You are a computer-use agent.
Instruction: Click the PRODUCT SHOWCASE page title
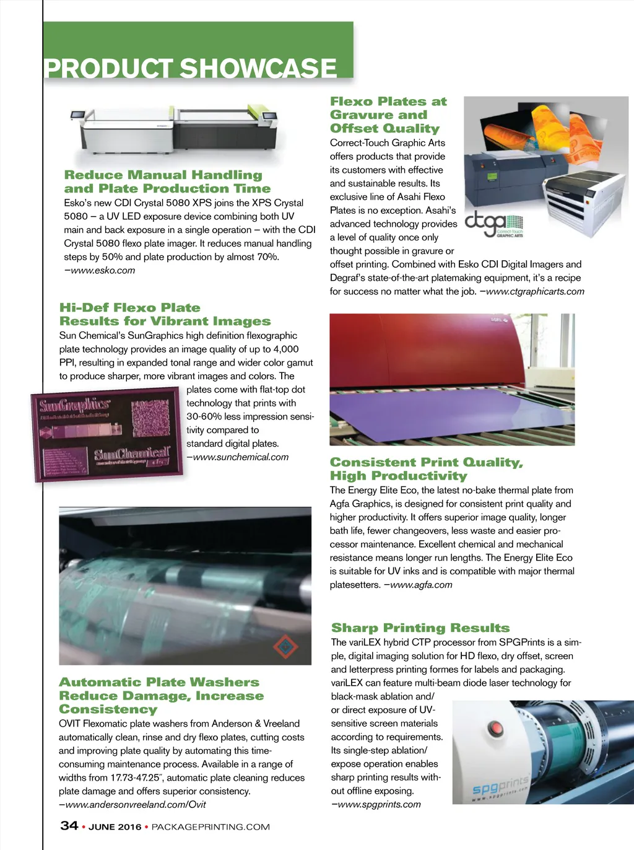[191, 68]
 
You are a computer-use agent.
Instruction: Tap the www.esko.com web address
[103, 271]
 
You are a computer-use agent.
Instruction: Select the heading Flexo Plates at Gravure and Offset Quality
[388, 115]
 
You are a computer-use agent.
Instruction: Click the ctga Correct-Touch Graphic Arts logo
[493, 224]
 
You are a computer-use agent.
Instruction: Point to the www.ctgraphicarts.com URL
[535, 292]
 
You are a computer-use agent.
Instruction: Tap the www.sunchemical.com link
[240, 457]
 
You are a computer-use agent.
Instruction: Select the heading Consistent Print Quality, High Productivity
[426, 469]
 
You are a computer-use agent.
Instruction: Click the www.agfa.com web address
[421, 585]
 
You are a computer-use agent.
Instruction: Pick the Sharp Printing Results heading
[420, 628]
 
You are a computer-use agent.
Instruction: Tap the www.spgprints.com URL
[379, 805]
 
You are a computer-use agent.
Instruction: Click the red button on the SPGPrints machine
[495, 727]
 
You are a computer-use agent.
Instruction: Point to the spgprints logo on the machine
[500, 787]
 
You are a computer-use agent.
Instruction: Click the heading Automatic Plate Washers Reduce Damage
[161, 696]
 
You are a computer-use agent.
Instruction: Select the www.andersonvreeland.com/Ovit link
[135, 805]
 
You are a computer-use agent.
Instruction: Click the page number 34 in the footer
[69, 826]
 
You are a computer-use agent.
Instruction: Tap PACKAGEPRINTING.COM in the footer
[211, 827]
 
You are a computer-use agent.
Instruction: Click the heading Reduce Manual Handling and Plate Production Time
[167, 182]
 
